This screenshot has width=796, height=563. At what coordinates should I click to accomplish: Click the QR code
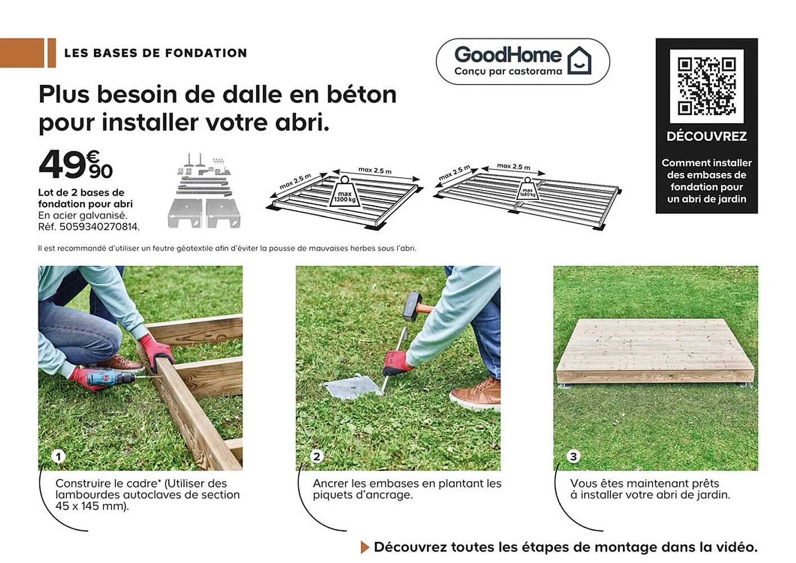pos(707,86)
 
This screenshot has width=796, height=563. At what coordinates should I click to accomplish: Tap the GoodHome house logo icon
pos(579,60)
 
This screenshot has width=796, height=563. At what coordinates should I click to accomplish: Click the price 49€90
pos(75,164)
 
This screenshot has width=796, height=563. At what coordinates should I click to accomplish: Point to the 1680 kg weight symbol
pos(527,190)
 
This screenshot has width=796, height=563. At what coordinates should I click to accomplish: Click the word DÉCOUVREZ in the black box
pos(707,136)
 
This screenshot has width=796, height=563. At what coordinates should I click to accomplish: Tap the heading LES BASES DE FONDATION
pos(155,53)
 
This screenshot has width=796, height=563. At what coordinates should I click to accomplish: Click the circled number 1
pos(58,456)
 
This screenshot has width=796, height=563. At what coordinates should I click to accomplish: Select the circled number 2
pos(316,456)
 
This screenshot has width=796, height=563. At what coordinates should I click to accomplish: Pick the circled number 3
pos(573,456)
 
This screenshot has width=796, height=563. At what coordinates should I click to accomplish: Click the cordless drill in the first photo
pos(110,378)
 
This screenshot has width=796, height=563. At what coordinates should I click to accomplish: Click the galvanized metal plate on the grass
pos(352,387)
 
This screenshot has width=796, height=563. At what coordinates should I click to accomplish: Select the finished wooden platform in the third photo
pos(655,351)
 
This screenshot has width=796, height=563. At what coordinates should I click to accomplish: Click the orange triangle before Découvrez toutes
pos(365,547)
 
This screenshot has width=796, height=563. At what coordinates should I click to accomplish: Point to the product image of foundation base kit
pos(204,191)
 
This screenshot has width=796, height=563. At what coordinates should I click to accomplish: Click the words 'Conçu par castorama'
pos(508,72)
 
